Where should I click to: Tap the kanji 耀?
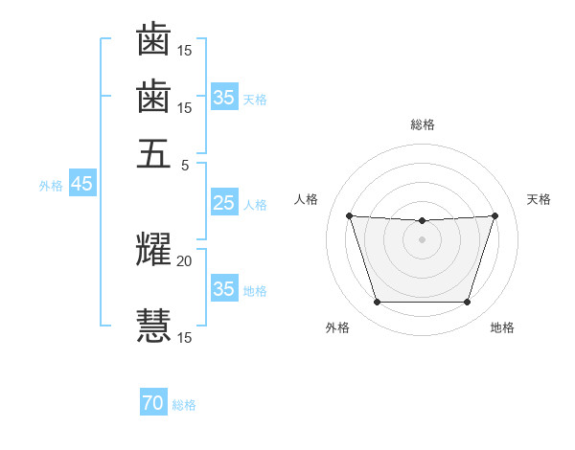coord(153,249)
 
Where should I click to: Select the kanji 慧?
coord(153,324)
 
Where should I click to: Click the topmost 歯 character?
coord(153,40)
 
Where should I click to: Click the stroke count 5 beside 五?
coord(185,164)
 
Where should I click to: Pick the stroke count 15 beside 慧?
coord(184,337)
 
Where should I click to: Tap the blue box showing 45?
coord(81,185)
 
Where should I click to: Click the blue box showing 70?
coord(152,404)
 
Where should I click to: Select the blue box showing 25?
coord(223,203)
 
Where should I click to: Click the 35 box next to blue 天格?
coord(223,98)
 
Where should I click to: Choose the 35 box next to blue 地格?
coord(223,289)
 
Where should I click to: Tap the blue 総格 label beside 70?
coord(184,405)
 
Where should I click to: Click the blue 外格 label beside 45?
coord(51,186)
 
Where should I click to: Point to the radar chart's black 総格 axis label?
coord(422,125)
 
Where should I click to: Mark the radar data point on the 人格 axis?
coord(349,215)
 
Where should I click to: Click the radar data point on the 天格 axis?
coord(494,215)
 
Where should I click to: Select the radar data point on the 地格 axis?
coord(467,303)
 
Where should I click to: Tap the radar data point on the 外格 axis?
coord(377,303)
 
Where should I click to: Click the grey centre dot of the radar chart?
coord(422,239)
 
